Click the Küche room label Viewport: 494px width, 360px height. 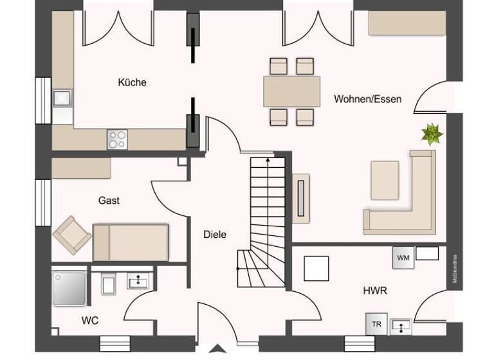point(132,82)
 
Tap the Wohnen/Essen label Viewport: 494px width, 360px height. point(367,99)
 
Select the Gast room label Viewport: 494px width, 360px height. point(109,201)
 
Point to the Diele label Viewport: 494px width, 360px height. point(215,235)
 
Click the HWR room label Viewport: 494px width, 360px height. point(374,291)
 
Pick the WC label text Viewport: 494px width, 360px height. point(90,320)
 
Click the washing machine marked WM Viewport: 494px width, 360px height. point(403,257)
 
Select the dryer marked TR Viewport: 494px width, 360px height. point(376,324)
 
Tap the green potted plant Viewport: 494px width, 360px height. point(432,134)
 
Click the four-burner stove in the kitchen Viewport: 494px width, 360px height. point(118,139)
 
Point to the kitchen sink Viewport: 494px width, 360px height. point(63,98)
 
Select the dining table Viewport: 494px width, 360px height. point(291,91)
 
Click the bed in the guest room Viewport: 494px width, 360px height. point(131,242)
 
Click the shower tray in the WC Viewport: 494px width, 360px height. point(69,288)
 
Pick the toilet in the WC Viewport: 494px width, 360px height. point(109,283)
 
